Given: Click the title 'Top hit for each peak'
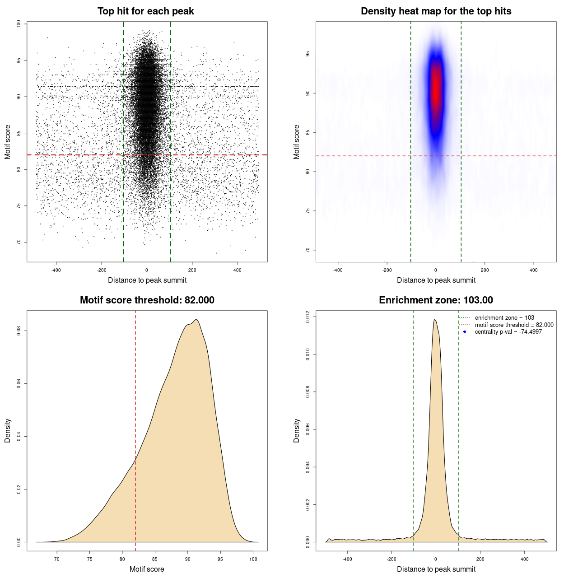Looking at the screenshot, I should tap(145, 11).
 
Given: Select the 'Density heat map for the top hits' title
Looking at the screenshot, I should tap(436, 11).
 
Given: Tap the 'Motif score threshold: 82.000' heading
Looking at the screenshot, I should tap(147, 300).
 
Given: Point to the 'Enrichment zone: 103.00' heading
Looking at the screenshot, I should tap(436, 300).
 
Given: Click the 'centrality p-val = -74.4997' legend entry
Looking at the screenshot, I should tap(508, 332).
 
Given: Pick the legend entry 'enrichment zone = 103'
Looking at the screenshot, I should tap(504, 318).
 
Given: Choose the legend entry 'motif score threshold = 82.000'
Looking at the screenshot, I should tap(514, 325).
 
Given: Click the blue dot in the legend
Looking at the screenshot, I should tap(465, 332).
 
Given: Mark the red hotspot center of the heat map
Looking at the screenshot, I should tap(436, 86).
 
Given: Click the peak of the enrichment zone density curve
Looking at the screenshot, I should tap(434, 320).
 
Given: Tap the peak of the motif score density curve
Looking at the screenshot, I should tap(196, 320).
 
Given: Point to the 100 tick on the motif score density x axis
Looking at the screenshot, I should tap(253, 559).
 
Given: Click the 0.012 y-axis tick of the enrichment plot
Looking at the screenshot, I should tap(308, 317).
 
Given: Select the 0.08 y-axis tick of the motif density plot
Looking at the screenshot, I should tap(19, 331).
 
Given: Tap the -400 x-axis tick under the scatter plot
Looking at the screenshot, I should tap(56, 270).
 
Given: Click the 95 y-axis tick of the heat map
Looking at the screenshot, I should tap(308, 54).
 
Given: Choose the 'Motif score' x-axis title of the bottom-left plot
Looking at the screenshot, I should tap(147, 569).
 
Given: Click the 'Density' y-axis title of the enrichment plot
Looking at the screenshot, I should tap(297, 430).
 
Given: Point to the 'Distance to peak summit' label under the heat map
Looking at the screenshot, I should tap(436, 280).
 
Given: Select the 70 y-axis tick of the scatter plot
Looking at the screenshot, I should tap(19, 242).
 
